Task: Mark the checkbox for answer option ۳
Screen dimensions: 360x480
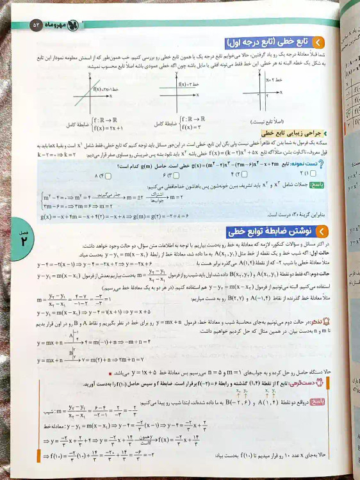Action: pos(168,175)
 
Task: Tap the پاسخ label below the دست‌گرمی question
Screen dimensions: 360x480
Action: pos(321,404)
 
